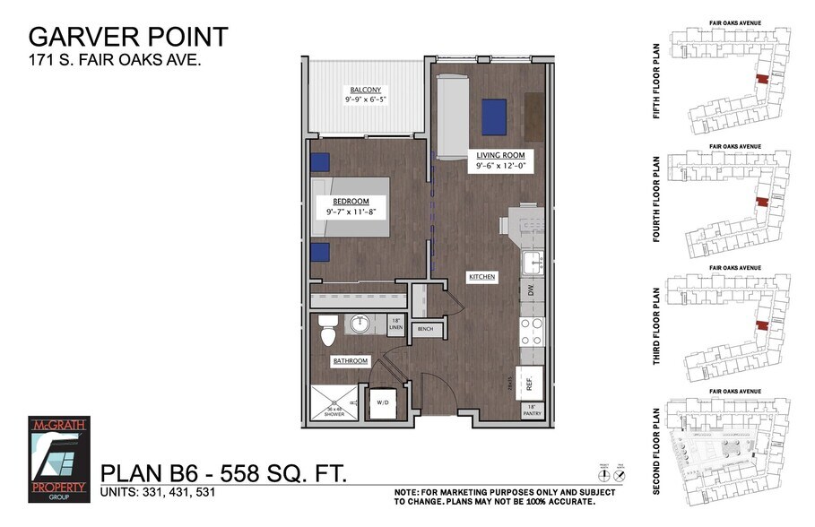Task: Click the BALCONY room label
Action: coord(366,90)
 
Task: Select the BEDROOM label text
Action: coord(351,201)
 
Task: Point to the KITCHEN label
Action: coord(481,278)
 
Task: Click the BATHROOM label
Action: coord(351,361)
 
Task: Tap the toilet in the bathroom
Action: coord(328,332)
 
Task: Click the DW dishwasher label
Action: coord(531,291)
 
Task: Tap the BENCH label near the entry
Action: coord(425,330)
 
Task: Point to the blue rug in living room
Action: coord(494,116)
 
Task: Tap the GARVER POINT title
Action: coord(128,37)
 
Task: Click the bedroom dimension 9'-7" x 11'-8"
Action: coord(351,212)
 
